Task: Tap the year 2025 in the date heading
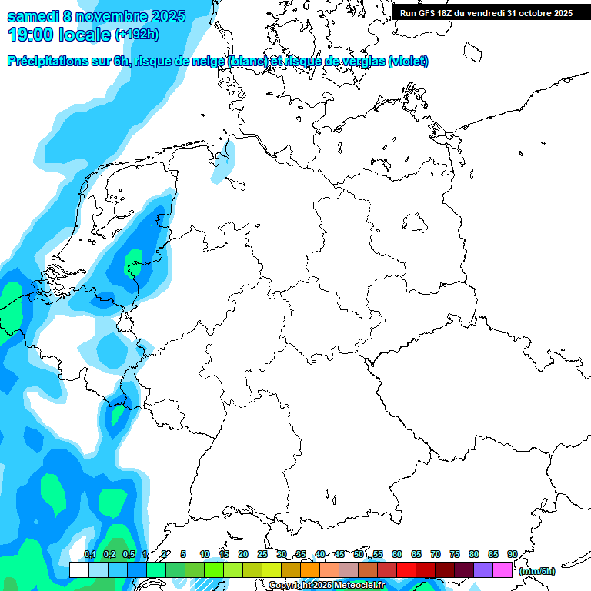pyautogui.click(x=164, y=16)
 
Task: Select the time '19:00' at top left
pyautogui.click(x=32, y=34)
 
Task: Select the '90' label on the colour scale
pyautogui.click(x=513, y=554)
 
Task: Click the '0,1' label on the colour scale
pyautogui.click(x=90, y=554)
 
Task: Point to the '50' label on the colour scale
pyautogui.click(x=359, y=554)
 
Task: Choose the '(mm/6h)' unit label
pyautogui.click(x=536, y=571)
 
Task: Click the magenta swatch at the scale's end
pyautogui.click(x=503, y=570)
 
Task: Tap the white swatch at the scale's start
pyautogui.click(x=79, y=570)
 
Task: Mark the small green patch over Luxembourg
pyautogui.click(x=117, y=415)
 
